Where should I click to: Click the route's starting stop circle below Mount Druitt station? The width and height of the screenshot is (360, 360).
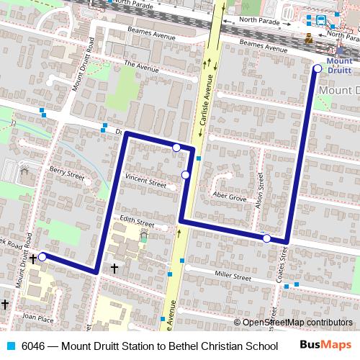[318, 68]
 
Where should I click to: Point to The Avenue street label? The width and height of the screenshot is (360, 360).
[140, 66]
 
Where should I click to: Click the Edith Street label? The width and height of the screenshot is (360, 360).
[137, 222]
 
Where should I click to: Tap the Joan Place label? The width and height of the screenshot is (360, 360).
[37, 317]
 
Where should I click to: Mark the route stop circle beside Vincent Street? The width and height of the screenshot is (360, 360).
[185, 175]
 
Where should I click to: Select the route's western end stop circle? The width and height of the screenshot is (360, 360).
[42, 256]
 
